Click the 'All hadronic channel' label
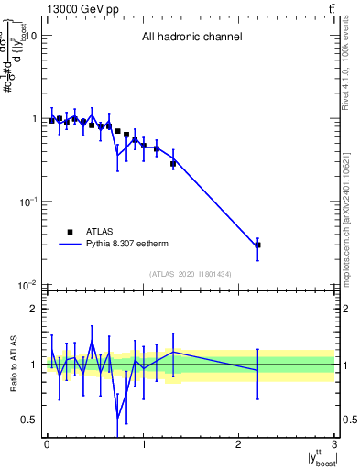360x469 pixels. [x=191, y=38]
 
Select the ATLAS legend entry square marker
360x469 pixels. [x=70, y=232]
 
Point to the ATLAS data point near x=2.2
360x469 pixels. [x=258, y=245]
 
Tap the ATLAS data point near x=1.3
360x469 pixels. [x=173, y=164]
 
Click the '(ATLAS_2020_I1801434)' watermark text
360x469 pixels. [x=191, y=275]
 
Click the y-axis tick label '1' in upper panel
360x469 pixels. [x=34, y=118]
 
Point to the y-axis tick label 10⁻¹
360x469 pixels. [x=27, y=201]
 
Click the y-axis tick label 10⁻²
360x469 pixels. [x=27, y=284]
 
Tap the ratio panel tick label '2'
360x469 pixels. [x=34, y=309]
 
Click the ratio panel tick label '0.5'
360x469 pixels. [x=29, y=420]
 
